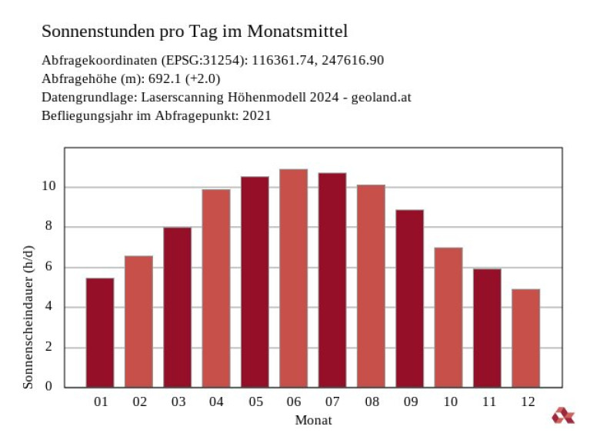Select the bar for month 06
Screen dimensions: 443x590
tap(293, 278)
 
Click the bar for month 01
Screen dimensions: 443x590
tap(100, 332)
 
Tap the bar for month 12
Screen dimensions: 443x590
tap(525, 338)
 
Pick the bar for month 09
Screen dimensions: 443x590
tap(409, 298)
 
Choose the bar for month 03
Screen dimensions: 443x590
tap(177, 307)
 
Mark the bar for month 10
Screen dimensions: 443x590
tap(448, 317)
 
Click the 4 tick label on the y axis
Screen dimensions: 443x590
tap(49, 307)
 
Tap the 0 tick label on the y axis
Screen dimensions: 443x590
tap(49, 387)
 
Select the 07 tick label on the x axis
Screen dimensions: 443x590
tap(332, 401)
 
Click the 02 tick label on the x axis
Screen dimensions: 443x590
tap(139, 401)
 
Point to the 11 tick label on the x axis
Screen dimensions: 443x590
tap(487, 401)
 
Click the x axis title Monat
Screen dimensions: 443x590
tap(313, 420)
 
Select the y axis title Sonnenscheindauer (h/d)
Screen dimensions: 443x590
tap(28, 317)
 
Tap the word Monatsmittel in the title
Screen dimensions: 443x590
tap(303, 32)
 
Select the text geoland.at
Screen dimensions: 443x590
tap(385, 98)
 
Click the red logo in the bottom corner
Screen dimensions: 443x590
tap(562, 416)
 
